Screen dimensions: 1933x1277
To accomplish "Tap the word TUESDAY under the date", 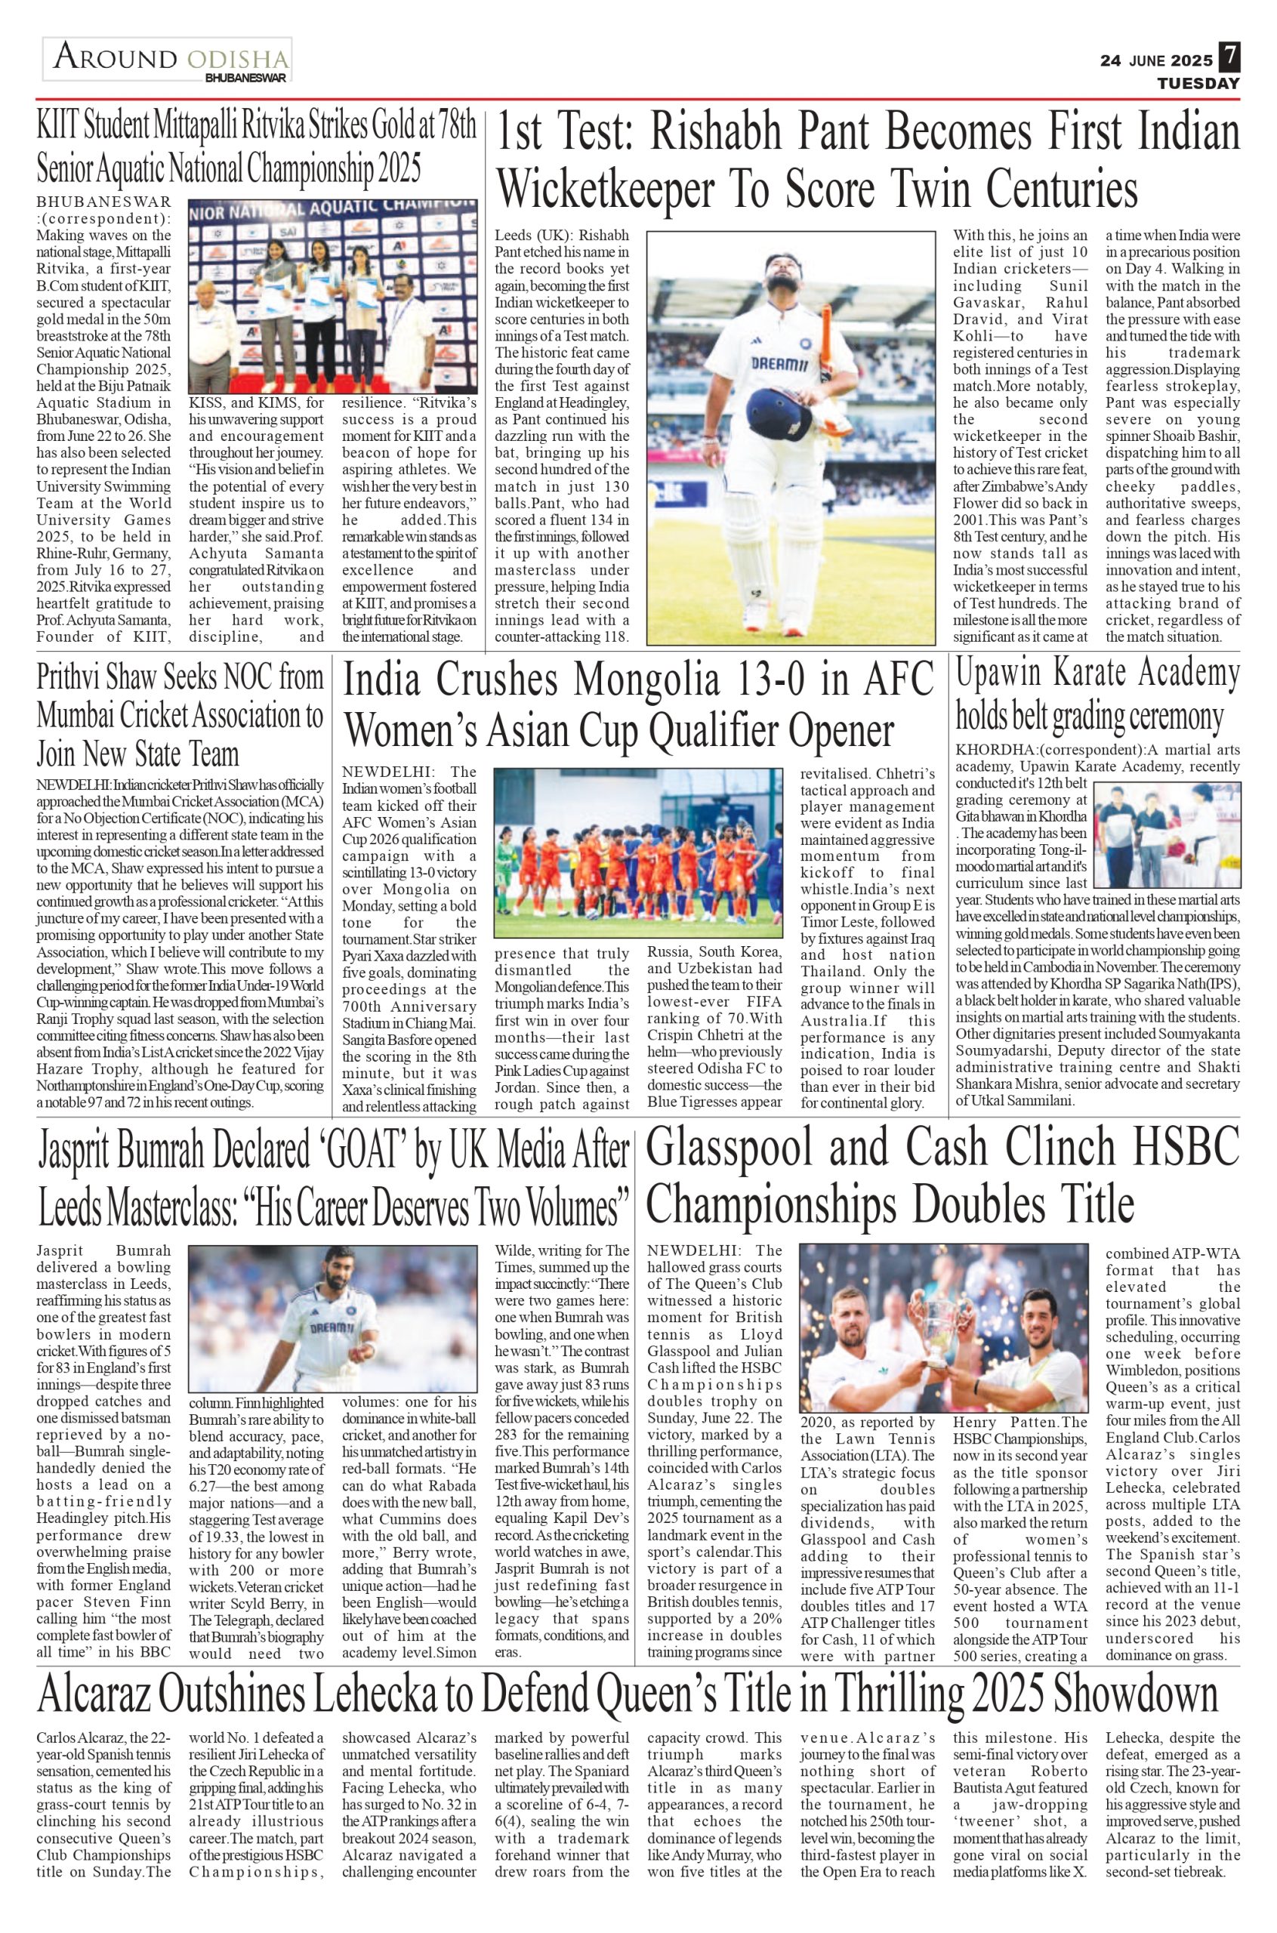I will (1198, 84).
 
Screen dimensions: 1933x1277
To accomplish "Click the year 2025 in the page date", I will (1191, 60).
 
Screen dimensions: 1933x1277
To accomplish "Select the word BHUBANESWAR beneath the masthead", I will (246, 79).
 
